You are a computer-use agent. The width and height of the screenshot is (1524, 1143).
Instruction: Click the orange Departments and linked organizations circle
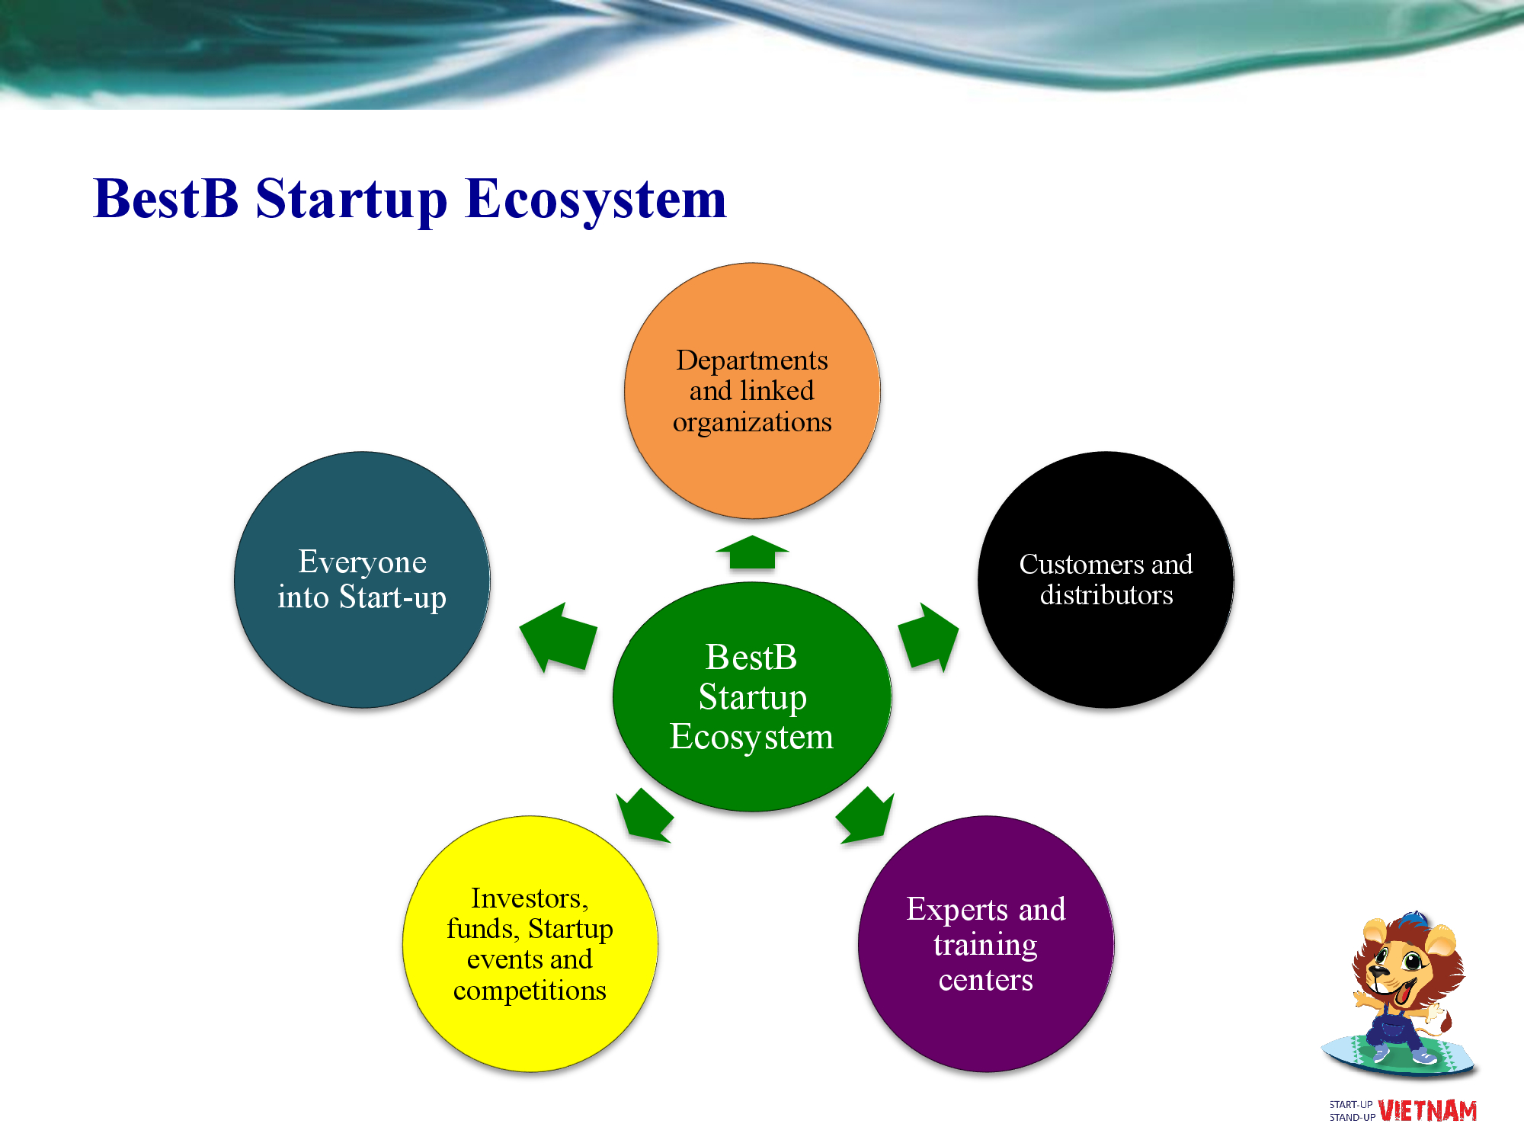[752, 391]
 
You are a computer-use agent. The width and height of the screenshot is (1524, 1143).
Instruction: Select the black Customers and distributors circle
[1106, 580]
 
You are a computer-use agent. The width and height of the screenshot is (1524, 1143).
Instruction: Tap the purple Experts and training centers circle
[986, 944]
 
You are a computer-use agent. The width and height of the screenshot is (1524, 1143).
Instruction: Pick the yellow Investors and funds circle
[530, 944]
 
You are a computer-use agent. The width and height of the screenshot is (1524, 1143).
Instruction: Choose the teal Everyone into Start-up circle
[362, 580]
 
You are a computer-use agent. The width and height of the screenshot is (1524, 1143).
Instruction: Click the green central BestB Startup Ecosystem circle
[752, 696]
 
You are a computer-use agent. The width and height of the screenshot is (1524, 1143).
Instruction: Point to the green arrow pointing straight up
[752, 552]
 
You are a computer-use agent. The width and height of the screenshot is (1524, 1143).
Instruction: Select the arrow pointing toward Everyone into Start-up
[558, 637]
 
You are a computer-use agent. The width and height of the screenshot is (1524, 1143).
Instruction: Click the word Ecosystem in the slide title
[596, 199]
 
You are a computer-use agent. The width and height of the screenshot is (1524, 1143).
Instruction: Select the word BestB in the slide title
[166, 199]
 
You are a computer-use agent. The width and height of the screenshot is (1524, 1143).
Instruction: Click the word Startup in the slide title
[351, 200]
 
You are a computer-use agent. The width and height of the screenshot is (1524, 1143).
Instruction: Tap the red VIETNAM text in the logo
[1427, 1111]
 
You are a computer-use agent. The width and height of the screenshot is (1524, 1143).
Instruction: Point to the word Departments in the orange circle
[752, 360]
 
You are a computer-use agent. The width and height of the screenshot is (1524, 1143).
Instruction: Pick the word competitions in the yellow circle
[530, 991]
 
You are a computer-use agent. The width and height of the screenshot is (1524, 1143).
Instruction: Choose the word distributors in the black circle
[1106, 595]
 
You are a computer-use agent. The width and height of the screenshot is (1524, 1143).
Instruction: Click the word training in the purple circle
[985, 946]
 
